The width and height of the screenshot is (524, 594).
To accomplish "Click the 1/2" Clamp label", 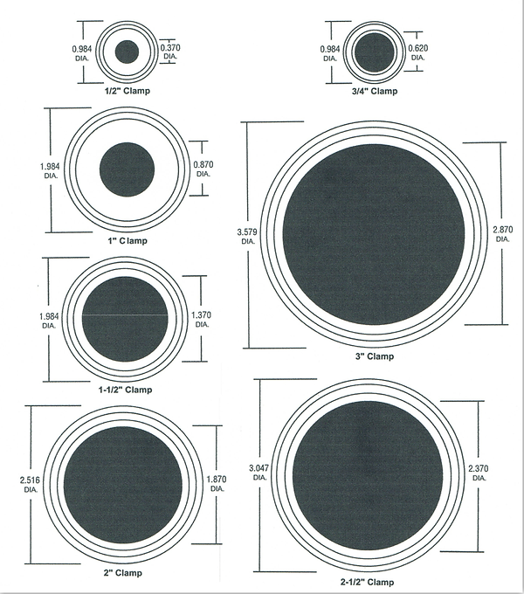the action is pos(128,89).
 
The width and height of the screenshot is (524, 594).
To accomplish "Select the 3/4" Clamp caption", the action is pos(373,91).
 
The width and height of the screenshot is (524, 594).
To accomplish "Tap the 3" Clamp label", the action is pos(374,356).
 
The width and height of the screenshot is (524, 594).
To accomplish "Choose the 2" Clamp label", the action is pos(122,573).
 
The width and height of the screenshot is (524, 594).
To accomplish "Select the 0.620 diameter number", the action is pos(418,49).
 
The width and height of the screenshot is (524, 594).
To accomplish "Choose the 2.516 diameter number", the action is pos(31,480).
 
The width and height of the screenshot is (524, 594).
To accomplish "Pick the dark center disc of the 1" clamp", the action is pos(128,169).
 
